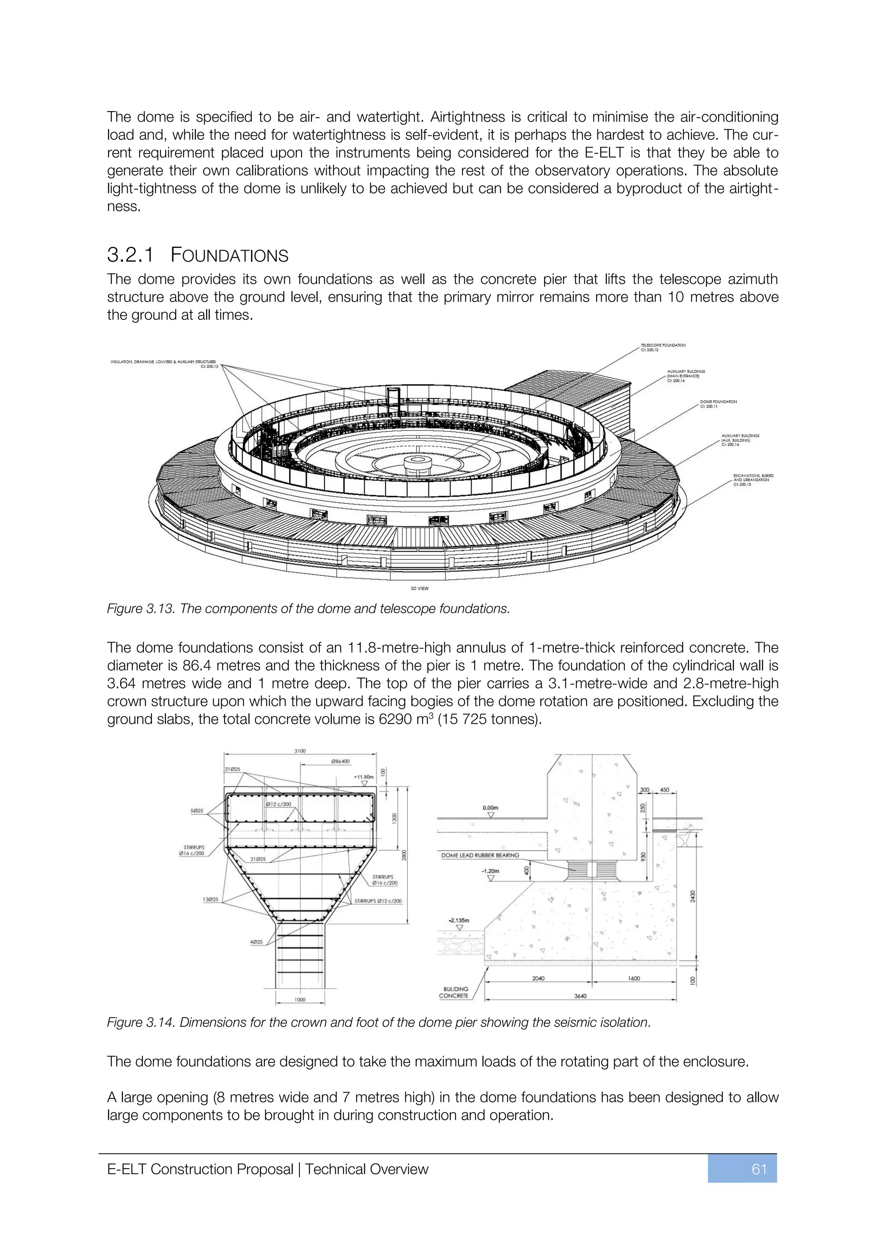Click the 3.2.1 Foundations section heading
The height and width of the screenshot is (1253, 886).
coord(198,255)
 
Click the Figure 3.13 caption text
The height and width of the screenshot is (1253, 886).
coord(308,608)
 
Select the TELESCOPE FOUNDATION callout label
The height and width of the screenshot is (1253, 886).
coord(663,347)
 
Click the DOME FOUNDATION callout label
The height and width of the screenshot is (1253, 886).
coord(718,404)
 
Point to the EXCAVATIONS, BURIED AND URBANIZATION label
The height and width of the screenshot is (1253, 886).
coord(753,480)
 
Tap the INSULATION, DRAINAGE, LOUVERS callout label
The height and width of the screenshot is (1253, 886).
coord(164,363)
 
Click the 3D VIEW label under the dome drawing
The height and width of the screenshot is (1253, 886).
coord(419,588)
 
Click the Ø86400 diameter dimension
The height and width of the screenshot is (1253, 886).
coord(340,761)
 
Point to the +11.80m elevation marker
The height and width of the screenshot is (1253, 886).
coord(363,777)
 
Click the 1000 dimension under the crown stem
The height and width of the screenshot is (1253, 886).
coord(300,1000)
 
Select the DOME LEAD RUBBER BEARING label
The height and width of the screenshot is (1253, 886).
coord(480,855)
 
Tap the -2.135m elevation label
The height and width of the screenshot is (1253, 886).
coord(459,920)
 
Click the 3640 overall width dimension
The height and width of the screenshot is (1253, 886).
coord(580,996)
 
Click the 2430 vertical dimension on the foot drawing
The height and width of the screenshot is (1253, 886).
coord(692,896)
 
